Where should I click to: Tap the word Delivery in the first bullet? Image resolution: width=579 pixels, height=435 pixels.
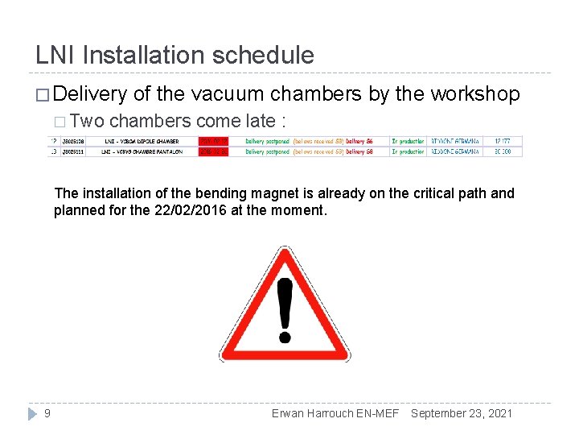[x=92, y=94]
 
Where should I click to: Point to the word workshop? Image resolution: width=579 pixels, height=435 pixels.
[x=475, y=94]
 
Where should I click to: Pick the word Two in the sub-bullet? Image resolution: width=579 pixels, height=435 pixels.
[x=87, y=122]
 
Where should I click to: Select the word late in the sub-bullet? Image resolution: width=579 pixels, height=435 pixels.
[x=256, y=122]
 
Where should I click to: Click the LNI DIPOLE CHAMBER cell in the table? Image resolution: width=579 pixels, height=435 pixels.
[x=142, y=141]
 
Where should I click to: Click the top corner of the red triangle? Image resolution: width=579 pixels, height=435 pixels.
[x=284, y=250]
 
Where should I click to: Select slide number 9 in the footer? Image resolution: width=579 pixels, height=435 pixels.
[x=47, y=413]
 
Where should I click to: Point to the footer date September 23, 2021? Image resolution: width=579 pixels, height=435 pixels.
[x=461, y=413]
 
